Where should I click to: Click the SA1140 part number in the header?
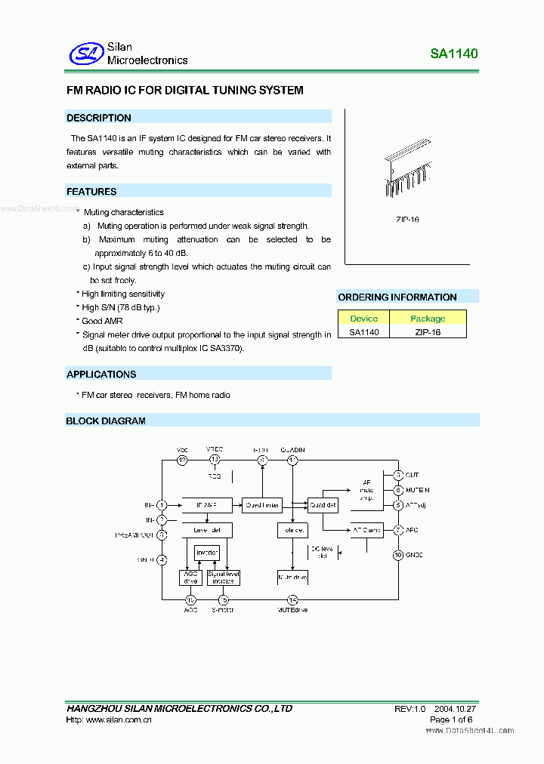(454, 54)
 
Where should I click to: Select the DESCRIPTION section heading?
(99, 118)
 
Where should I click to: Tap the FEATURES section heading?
(91, 192)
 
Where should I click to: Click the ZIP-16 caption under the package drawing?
(406, 219)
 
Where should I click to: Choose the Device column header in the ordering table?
(363, 319)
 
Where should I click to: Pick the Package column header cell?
(428, 319)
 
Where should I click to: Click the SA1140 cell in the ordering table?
(363, 331)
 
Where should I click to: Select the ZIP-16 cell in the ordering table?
(428, 331)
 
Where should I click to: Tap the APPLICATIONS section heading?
(101, 374)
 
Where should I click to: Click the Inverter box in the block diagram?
(207, 553)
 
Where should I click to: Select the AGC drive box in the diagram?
(190, 578)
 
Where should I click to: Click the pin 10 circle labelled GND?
(398, 555)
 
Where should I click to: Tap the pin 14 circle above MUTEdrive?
(292, 600)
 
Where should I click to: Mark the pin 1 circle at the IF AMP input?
(162, 505)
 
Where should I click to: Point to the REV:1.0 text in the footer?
(410, 709)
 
